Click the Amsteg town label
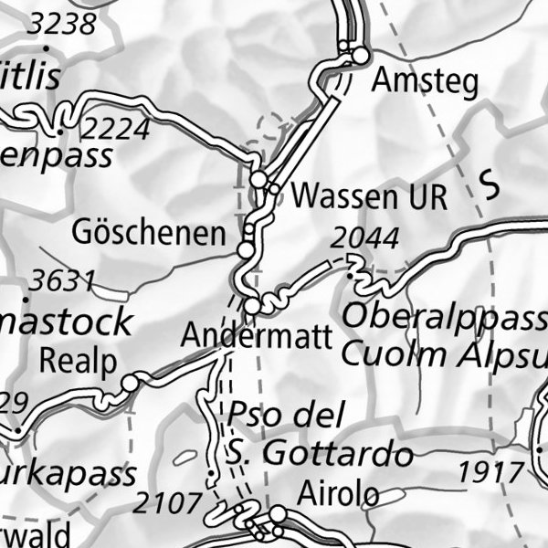click(x=425, y=82)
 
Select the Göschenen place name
click(x=149, y=234)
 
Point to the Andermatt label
click(x=256, y=335)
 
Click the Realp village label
click(x=79, y=362)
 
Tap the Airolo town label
click(x=338, y=495)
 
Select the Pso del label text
click(x=285, y=416)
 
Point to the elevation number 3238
click(x=61, y=25)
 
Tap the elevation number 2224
click(x=114, y=129)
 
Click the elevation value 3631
click(x=61, y=279)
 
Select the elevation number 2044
click(x=365, y=239)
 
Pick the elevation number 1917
click(x=491, y=472)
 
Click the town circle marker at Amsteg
click(x=361, y=56)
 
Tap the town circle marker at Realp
click(x=131, y=383)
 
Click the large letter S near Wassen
click(x=491, y=185)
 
